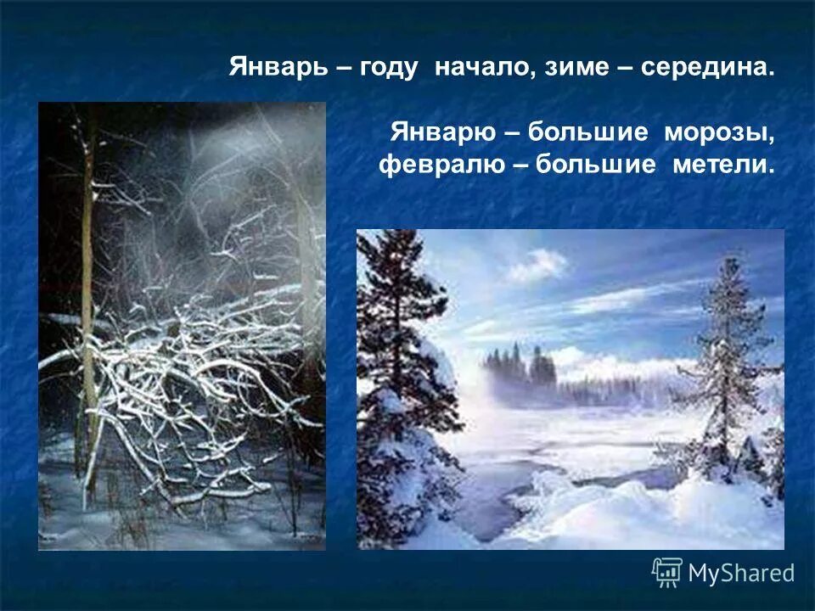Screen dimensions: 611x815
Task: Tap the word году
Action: click(x=389, y=68)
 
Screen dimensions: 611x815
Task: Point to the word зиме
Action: click(x=578, y=68)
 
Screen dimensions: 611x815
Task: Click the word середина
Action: click(x=708, y=68)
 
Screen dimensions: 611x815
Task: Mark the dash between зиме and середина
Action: click(x=628, y=68)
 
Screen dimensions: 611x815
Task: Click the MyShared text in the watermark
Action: click(x=741, y=573)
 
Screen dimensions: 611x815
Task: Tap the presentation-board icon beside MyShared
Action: click(x=667, y=572)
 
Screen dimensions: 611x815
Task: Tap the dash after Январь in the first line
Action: click(x=345, y=68)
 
